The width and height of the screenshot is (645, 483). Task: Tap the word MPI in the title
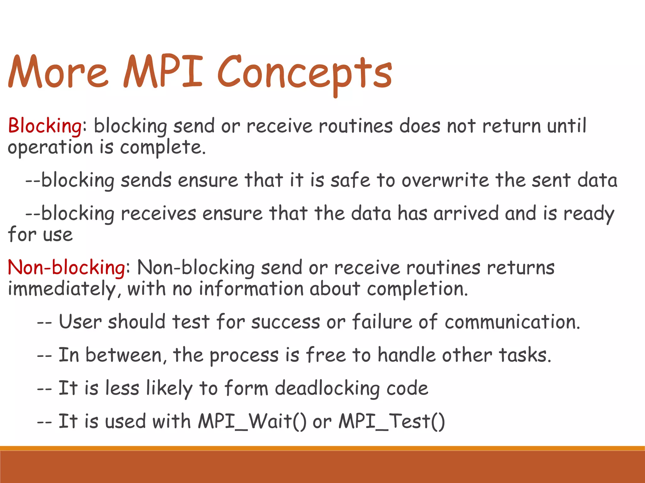coord(163,72)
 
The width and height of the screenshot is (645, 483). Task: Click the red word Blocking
coord(45,126)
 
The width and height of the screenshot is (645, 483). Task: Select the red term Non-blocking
coord(66,268)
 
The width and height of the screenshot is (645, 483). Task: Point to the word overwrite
coord(445,180)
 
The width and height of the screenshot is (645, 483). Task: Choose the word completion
coord(417,289)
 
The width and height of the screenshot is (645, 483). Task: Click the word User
coord(80,322)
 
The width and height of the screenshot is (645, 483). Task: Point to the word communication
coord(512,322)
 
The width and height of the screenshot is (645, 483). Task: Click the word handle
coord(406,355)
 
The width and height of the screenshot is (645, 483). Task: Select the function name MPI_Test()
coord(391,421)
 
